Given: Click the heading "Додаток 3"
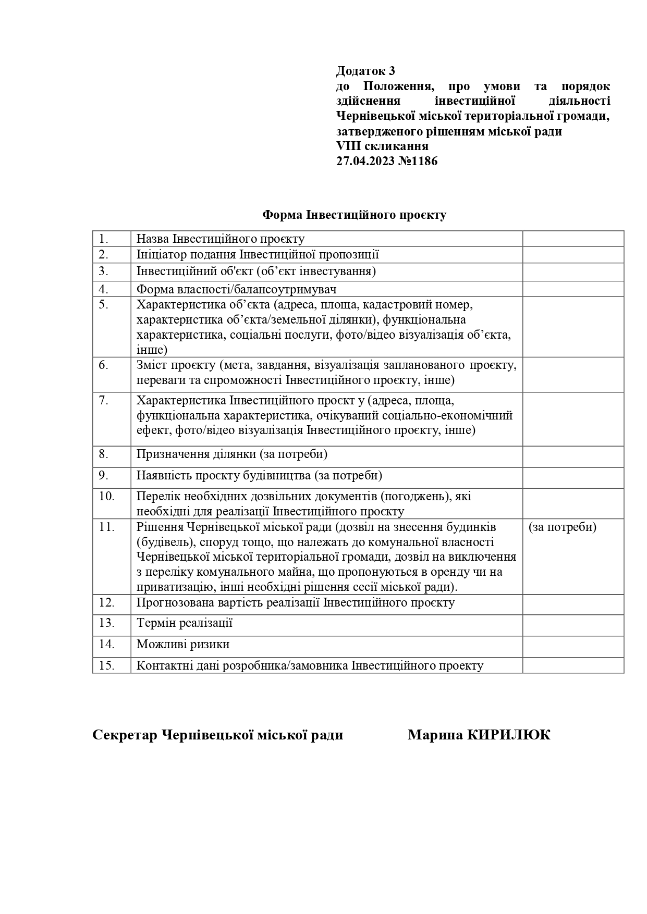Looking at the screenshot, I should tap(365, 71).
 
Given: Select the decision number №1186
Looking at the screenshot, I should tap(418, 162).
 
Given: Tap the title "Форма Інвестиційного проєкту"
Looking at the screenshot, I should tap(354, 215).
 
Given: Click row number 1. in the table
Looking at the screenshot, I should tap(103, 239).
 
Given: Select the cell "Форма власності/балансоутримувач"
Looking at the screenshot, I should tap(236, 289).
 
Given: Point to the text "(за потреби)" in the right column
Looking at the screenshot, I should tap(563, 527).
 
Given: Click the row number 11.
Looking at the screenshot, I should tap(106, 527).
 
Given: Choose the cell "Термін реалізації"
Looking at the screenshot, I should tap(185, 623).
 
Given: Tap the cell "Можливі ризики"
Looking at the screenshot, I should tap(183, 645).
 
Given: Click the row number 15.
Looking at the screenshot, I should tap(106, 665).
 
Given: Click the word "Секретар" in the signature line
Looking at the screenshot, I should tap(125, 735).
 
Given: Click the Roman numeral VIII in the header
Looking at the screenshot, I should tap(346, 146).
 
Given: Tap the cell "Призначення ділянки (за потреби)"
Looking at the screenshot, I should tap(232, 454).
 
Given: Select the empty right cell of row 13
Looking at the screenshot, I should tap(573, 625).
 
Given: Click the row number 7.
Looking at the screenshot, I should tap(103, 401).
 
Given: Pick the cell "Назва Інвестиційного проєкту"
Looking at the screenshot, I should tap(221, 239).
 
